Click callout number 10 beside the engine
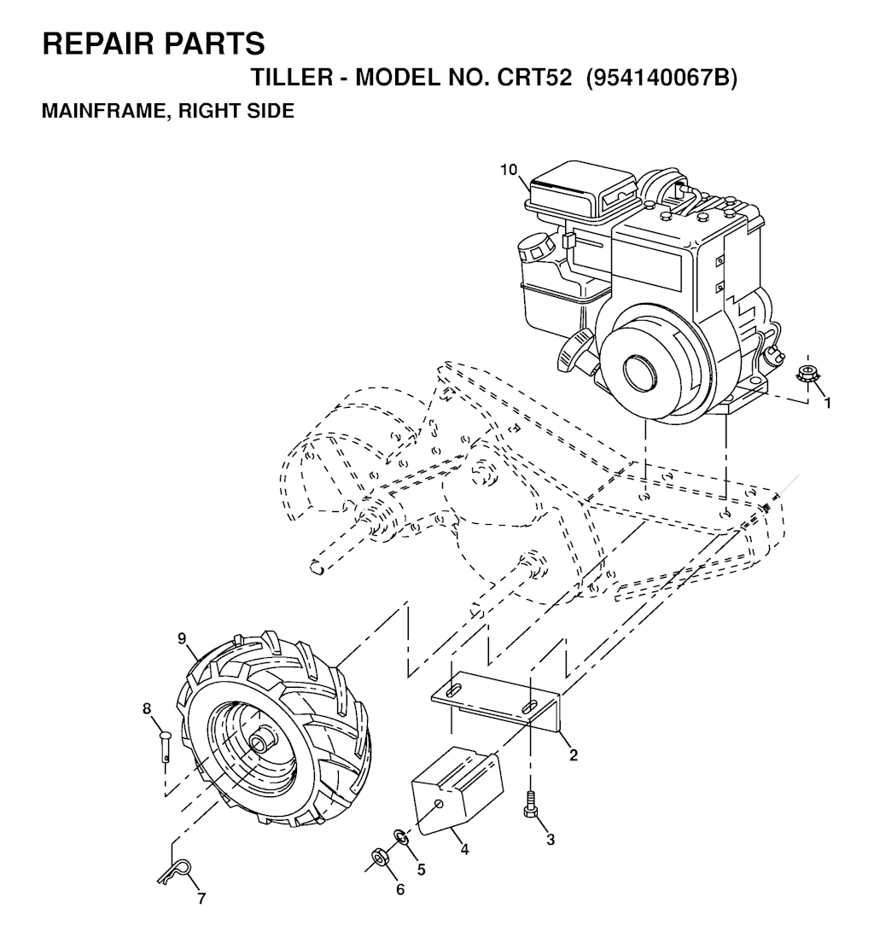509,170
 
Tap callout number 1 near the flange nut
828,404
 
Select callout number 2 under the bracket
574,755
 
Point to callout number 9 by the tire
183,639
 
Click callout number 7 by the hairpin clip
201,899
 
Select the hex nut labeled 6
379,857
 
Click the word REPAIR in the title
94,44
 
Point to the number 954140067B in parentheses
661,78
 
